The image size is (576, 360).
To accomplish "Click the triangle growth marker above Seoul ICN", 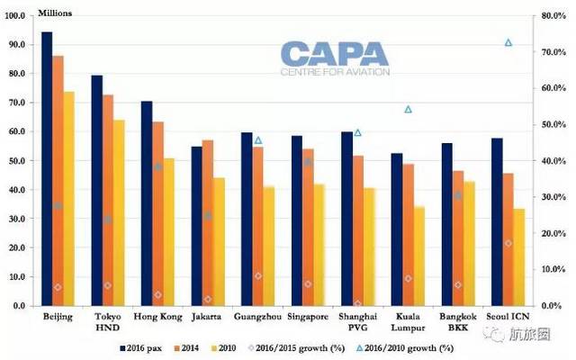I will [508, 42].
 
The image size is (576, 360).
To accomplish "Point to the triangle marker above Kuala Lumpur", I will [408, 109].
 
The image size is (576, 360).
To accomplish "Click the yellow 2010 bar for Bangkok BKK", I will [469, 243].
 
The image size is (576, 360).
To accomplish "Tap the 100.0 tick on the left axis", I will [16, 15].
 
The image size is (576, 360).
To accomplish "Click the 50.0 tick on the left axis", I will [18, 160].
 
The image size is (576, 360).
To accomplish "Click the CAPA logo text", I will [332, 55].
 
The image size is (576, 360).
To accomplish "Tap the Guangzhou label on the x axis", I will [256, 317].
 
